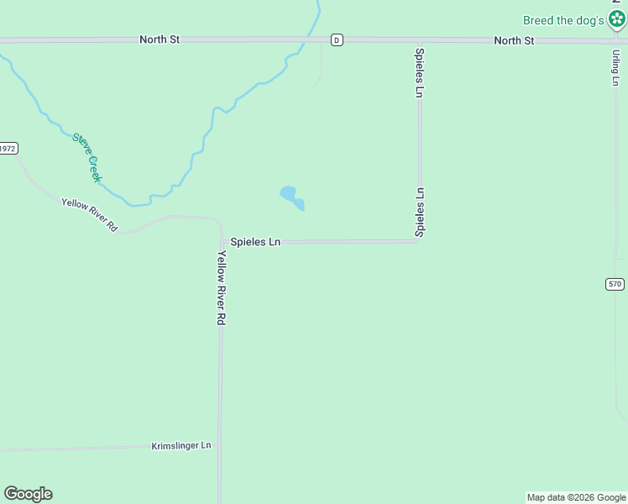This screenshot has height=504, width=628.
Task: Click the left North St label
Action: pyautogui.click(x=159, y=39)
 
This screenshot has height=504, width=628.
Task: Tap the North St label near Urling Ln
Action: pyautogui.click(x=514, y=40)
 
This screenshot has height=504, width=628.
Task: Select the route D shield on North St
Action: pyautogui.click(x=336, y=39)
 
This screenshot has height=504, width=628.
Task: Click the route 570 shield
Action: pyautogui.click(x=615, y=284)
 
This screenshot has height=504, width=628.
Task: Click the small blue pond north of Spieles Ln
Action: pyautogui.click(x=290, y=197)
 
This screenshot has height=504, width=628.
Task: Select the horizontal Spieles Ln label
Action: pyautogui.click(x=255, y=242)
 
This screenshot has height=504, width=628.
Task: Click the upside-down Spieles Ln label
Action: pyautogui.click(x=420, y=212)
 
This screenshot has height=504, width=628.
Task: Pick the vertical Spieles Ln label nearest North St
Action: pyautogui.click(x=419, y=72)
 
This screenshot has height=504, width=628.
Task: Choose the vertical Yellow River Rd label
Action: pyautogui.click(x=222, y=288)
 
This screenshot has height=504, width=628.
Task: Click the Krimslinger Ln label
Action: pyautogui.click(x=181, y=445)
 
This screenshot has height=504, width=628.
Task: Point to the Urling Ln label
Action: pyautogui.click(x=615, y=66)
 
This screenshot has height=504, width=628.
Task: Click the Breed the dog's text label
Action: pyautogui.click(x=563, y=20)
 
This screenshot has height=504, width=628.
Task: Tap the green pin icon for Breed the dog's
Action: pyautogui.click(x=617, y=18)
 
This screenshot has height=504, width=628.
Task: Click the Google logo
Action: pyautogui.click(x=29, y=494)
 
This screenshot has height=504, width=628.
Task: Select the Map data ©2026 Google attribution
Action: pyautogui.click(x=577, y=497)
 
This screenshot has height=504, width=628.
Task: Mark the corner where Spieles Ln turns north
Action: pyautogui.click(x=419, y=241)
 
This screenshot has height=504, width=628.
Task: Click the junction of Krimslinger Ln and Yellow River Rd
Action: pyautogui.click(x=220, y=446)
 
